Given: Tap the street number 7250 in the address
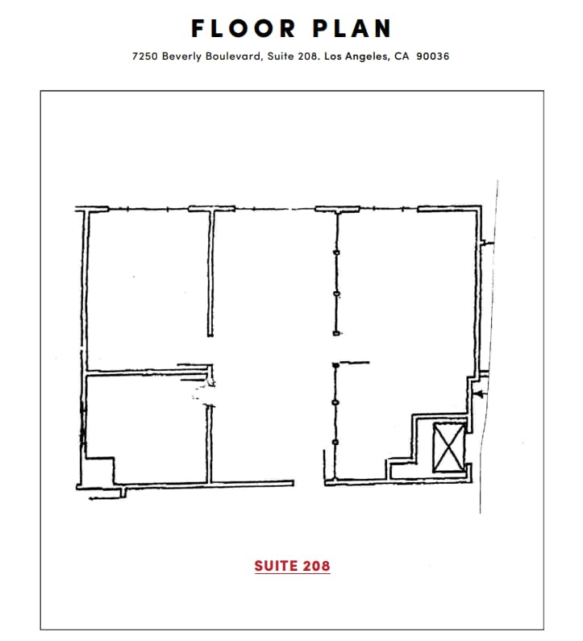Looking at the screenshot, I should pos(145,57).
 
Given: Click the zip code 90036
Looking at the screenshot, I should pos(433,57).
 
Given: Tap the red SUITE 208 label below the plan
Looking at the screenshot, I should pos(292,566).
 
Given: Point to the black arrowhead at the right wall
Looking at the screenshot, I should pos(479,394).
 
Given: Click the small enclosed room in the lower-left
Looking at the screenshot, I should pos(145,427).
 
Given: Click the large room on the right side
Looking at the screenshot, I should pos(403,323).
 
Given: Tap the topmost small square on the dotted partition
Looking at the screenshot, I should pos(336,254).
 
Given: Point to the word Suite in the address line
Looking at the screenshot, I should pos(279,57).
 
